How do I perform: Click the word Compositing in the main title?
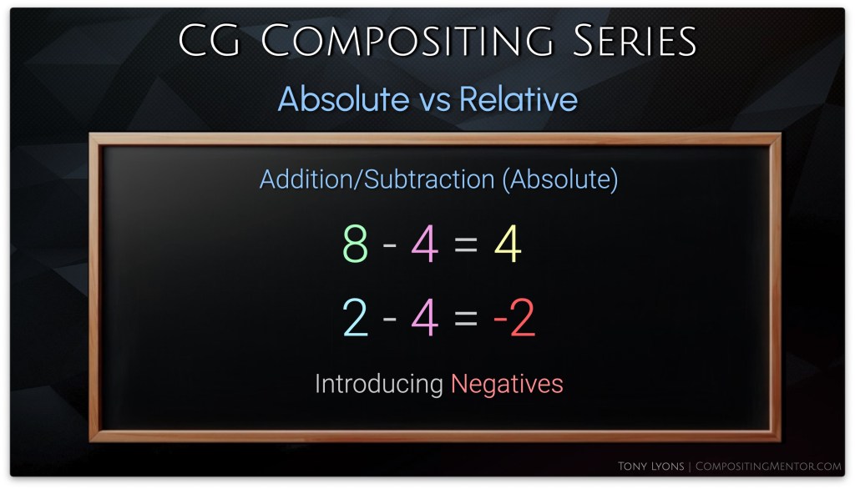407,41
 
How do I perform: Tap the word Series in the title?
635,41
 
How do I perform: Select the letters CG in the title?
209,41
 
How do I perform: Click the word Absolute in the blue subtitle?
343,98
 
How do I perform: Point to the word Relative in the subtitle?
519,98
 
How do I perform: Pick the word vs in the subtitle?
434,102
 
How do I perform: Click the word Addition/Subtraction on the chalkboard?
377,179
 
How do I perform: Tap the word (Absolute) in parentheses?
560,179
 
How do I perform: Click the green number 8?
356,244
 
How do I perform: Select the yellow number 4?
508,244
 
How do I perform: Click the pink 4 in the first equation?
425,244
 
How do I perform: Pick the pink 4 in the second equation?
425,317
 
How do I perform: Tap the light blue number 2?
356,317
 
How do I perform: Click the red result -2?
514,317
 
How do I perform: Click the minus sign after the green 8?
390,244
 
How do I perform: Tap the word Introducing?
379,385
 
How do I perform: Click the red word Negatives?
507,385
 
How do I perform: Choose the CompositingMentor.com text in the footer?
768,466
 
